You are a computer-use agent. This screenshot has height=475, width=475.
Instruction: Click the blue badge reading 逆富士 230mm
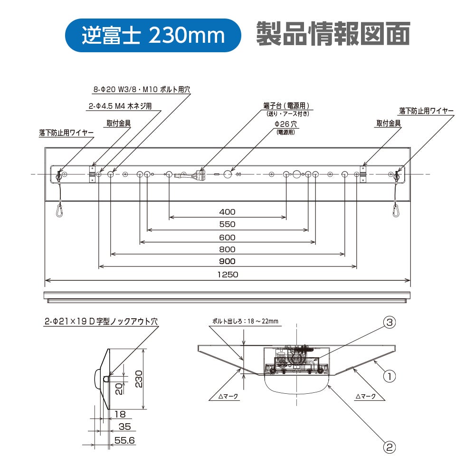(153, 35)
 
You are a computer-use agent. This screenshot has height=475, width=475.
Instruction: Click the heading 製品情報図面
(333, 34)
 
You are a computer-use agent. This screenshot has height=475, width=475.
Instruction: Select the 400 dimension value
(227, 212)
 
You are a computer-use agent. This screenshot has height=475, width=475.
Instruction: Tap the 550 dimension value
(227, 224)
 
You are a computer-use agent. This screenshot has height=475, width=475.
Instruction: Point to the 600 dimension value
(227, 237)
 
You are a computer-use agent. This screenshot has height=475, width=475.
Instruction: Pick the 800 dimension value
(227, 249)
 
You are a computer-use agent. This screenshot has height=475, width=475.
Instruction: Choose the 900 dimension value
(227, 261)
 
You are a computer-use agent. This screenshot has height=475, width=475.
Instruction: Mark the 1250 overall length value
(228, 275)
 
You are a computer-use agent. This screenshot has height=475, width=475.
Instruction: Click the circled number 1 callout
(389, 377)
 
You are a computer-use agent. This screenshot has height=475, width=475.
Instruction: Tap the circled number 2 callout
(389, 447)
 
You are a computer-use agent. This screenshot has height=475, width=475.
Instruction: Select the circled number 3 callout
(389, 322)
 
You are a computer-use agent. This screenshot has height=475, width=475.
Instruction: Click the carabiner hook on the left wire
(60, 210)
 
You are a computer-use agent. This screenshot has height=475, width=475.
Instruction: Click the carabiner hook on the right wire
(395, 210)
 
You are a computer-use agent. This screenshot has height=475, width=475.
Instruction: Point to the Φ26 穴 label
(285, 124)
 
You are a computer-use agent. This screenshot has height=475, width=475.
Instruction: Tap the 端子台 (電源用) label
(286, 106)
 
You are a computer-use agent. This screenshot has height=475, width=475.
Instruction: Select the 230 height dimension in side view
(138, 379)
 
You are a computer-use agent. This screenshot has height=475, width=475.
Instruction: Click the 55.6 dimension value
(124, 440)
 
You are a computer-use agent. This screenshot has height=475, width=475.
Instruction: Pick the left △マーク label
(228, 396)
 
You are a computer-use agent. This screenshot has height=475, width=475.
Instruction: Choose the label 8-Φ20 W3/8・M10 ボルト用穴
(142, 89)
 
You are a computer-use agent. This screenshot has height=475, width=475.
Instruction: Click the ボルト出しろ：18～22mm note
(245, 321)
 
